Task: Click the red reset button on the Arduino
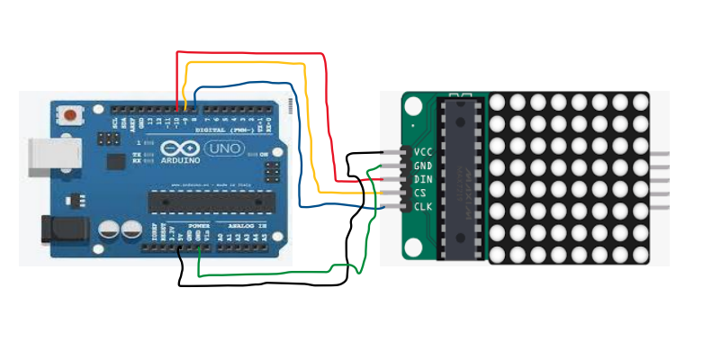point(69,114)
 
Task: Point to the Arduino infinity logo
point(177,146)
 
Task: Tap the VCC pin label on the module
point(423,151)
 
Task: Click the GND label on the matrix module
point(423,166)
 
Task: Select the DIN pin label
point(423,179)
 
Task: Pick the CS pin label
point(419,193)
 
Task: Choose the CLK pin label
point(423,207)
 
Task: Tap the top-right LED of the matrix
point(641,102)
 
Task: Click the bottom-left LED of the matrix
point(498,255)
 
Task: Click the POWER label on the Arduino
point(199,226)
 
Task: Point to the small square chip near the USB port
point(115,161)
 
